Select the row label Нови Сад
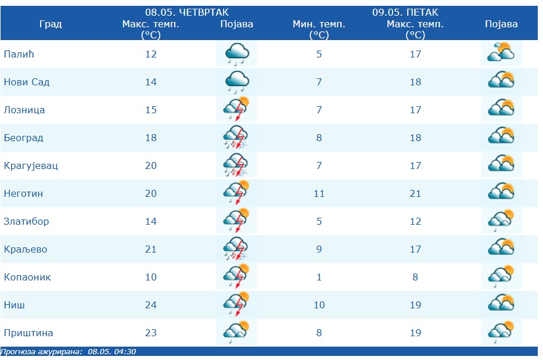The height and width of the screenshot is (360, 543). tap(27, 82)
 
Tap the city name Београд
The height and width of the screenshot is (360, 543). tap(23, 138)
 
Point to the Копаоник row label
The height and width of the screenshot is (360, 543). tap(27, 277)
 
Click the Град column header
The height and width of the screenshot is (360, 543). tap(51, 24)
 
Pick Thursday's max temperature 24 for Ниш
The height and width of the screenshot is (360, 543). tap(151, 305)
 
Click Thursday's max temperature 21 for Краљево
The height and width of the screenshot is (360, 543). tap(151, 249)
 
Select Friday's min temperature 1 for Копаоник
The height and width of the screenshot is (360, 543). tap(319, 277)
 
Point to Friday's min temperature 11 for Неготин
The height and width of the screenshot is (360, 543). tap(319, 193)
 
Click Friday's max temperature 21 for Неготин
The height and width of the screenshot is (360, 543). tap(415, 193)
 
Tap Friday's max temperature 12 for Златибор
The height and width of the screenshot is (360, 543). tap(415, 221)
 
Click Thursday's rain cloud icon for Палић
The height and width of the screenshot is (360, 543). tap(237, 54)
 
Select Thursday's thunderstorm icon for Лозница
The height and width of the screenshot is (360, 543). tap(237, 110)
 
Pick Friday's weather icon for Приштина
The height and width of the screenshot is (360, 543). tap(501, 333)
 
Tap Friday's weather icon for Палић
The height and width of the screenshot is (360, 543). tap(501, 53)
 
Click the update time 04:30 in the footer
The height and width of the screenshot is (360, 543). tap(125, 351)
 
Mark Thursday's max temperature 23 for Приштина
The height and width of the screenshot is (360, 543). tap(151, 333)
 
